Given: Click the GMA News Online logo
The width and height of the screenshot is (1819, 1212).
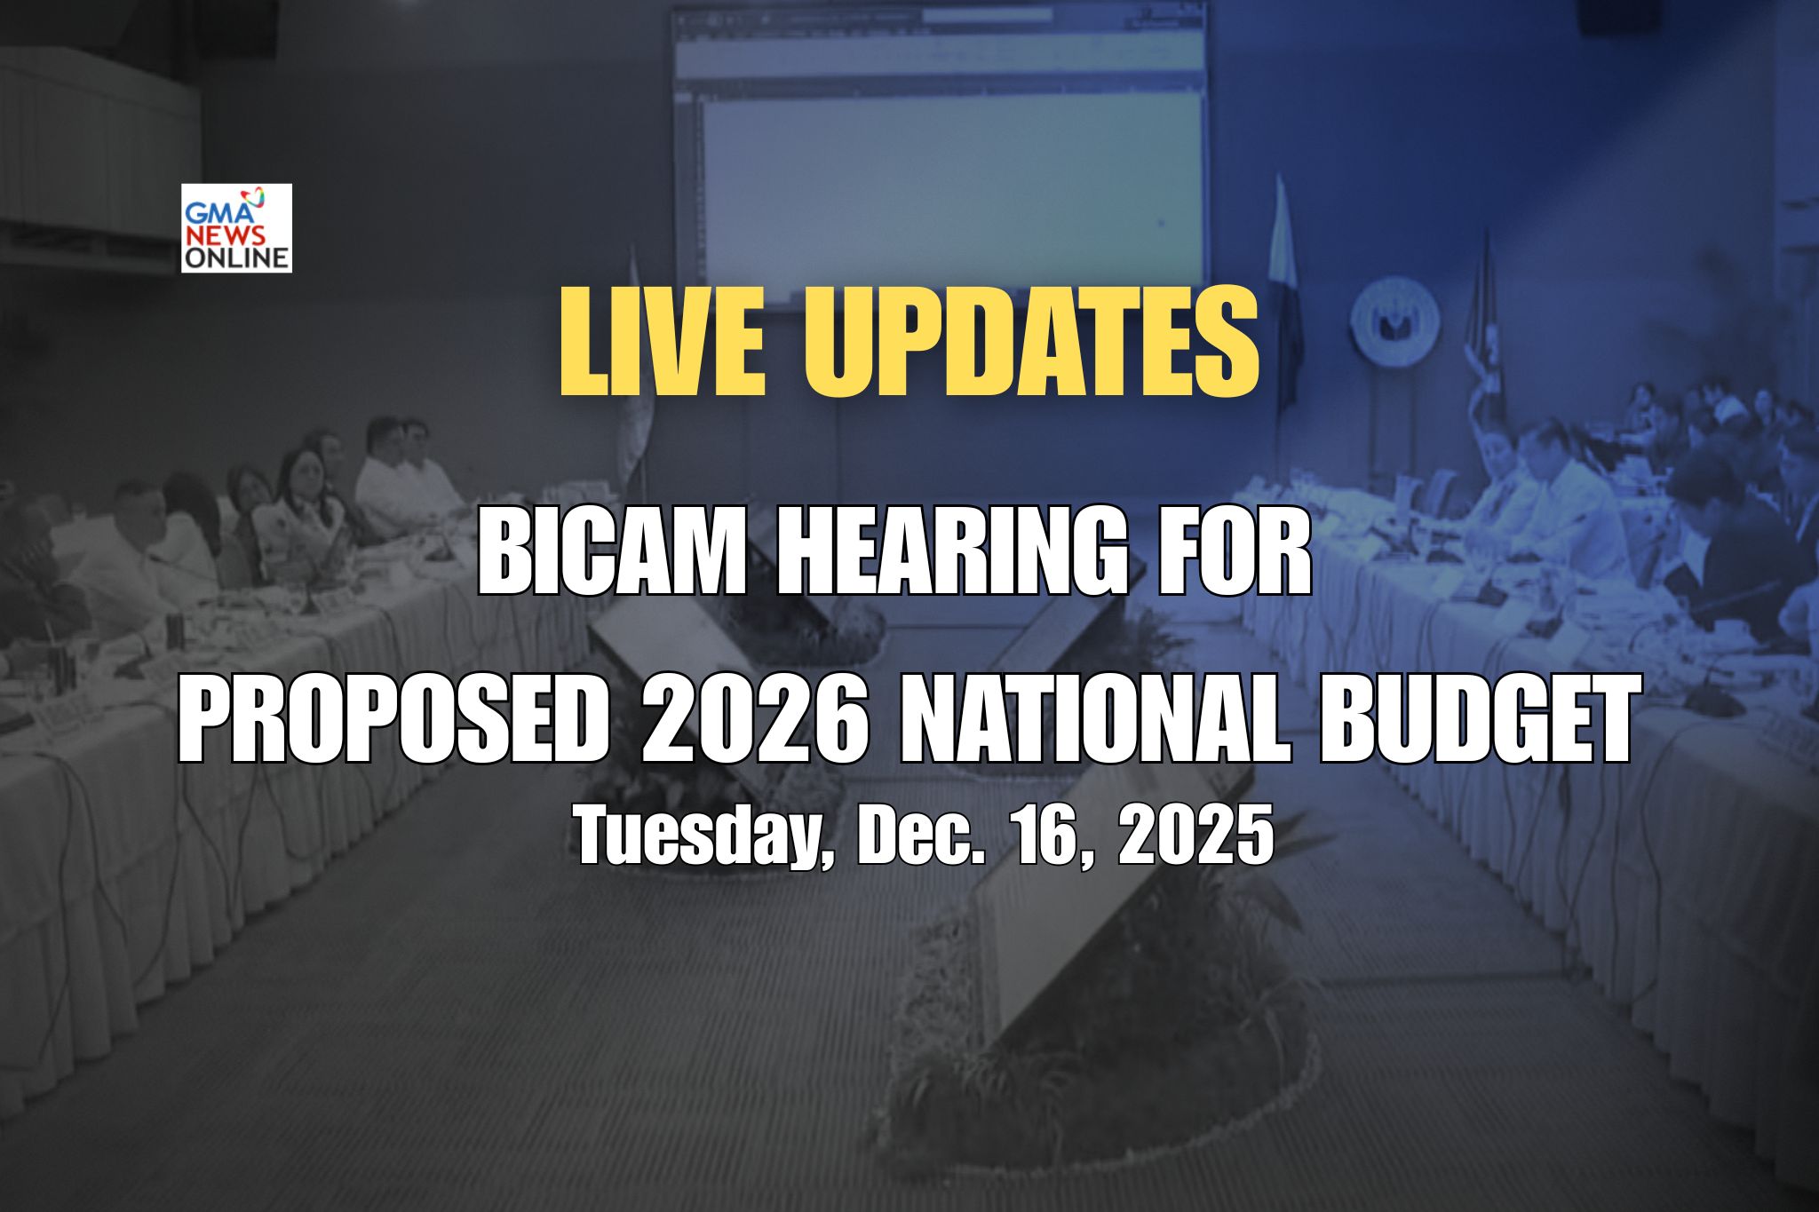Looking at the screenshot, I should click(x=236, y=227).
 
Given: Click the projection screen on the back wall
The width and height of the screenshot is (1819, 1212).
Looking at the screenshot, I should click(x=940, y=151).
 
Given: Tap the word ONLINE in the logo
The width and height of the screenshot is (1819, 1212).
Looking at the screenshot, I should click(x=236, y=258).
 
